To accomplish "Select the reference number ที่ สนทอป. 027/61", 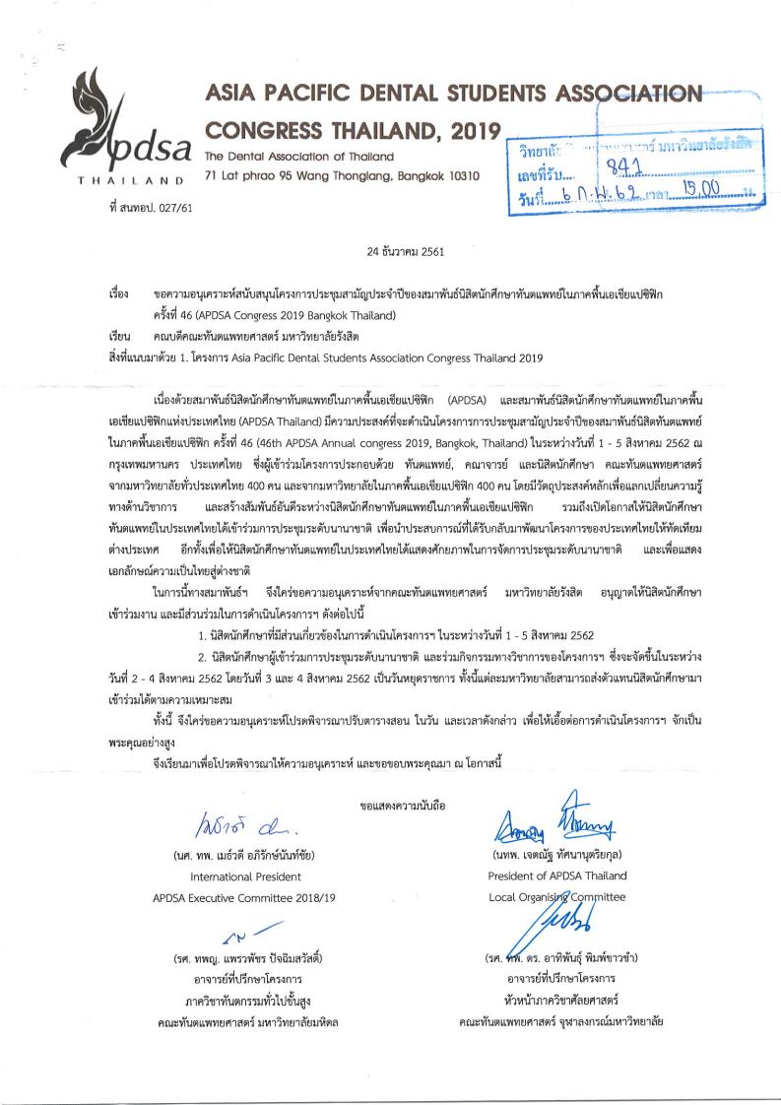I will pyautogui.click(x=146, y=207).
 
